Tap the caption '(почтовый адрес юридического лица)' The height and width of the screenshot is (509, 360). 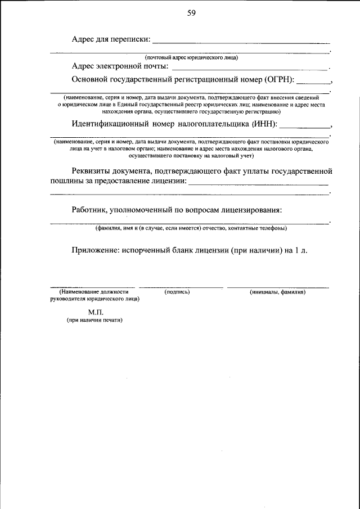click(x=191, y=57)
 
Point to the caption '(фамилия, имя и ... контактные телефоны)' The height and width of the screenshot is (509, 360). click(x=191, y=228)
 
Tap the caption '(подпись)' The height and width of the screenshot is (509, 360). click(x=177, y=292)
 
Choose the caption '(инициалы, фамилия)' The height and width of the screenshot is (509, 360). click(x=277, y=292)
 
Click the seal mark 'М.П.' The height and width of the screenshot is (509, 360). click(x=95, y=310)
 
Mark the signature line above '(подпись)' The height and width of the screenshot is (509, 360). click(x=181, y=287)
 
